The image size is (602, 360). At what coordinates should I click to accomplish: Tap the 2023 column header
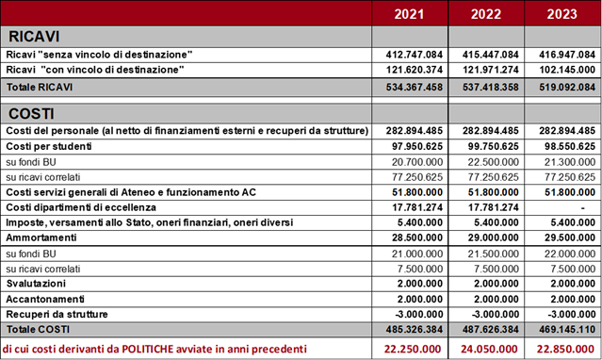click(562, 14)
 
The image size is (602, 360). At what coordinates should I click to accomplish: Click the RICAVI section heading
click(35, 37)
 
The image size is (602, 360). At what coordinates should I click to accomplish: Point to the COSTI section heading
click(32, 113)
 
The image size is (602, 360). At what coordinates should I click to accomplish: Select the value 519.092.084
click(564, 87)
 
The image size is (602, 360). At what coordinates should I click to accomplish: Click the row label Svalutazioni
click(35, 284)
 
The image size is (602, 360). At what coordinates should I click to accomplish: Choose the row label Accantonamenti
click(42, 299)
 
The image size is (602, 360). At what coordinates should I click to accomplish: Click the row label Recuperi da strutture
click(57, 314)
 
